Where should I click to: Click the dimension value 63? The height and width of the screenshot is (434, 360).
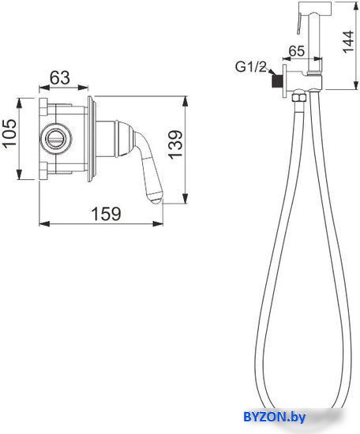(x=60, y=78)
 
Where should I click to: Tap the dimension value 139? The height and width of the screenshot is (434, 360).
(x=175, y=144)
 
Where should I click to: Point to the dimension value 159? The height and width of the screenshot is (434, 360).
(x=106, y=214)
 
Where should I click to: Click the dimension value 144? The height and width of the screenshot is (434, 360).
(x=348, y=42)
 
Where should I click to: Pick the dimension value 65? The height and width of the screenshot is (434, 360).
(x=297, y=51)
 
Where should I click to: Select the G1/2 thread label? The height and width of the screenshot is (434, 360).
(x=250, y=67)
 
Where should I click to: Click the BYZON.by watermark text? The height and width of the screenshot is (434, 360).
(x=275, y=417)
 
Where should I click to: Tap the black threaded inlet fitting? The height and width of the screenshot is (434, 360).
(x=275, y=81)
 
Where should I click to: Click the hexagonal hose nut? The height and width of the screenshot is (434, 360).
(x=299, y=98)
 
